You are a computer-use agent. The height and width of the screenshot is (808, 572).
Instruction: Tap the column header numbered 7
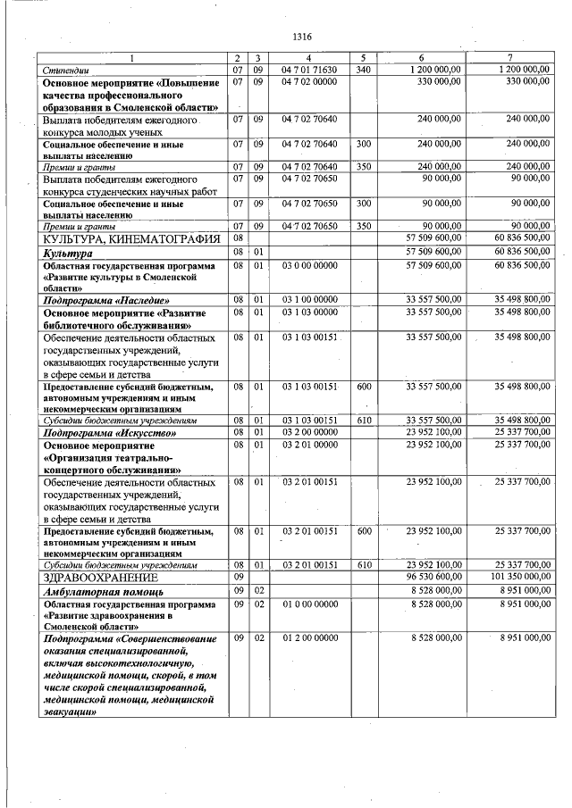(508, 58)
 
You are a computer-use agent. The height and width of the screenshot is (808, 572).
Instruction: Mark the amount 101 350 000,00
(510, 578)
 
